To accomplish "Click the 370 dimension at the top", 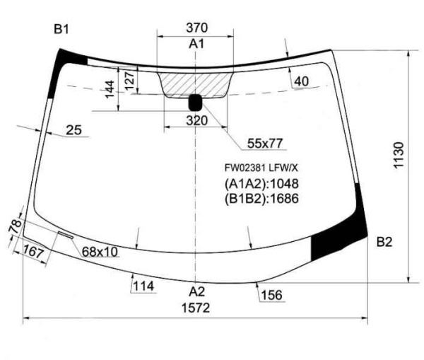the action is pos(196,28).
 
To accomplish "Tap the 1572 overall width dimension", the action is pos(196,308).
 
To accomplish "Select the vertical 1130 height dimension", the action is pos(399,155).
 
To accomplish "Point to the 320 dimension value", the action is pos(196,120).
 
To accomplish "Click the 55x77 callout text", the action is pos(265,144).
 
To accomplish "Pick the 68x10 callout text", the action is pos(100,252).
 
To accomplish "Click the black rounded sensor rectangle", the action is pos(195,103).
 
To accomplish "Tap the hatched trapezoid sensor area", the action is pos(195,85).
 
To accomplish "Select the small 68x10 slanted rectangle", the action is pos(66,235).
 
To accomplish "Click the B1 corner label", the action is pos(61,29).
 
